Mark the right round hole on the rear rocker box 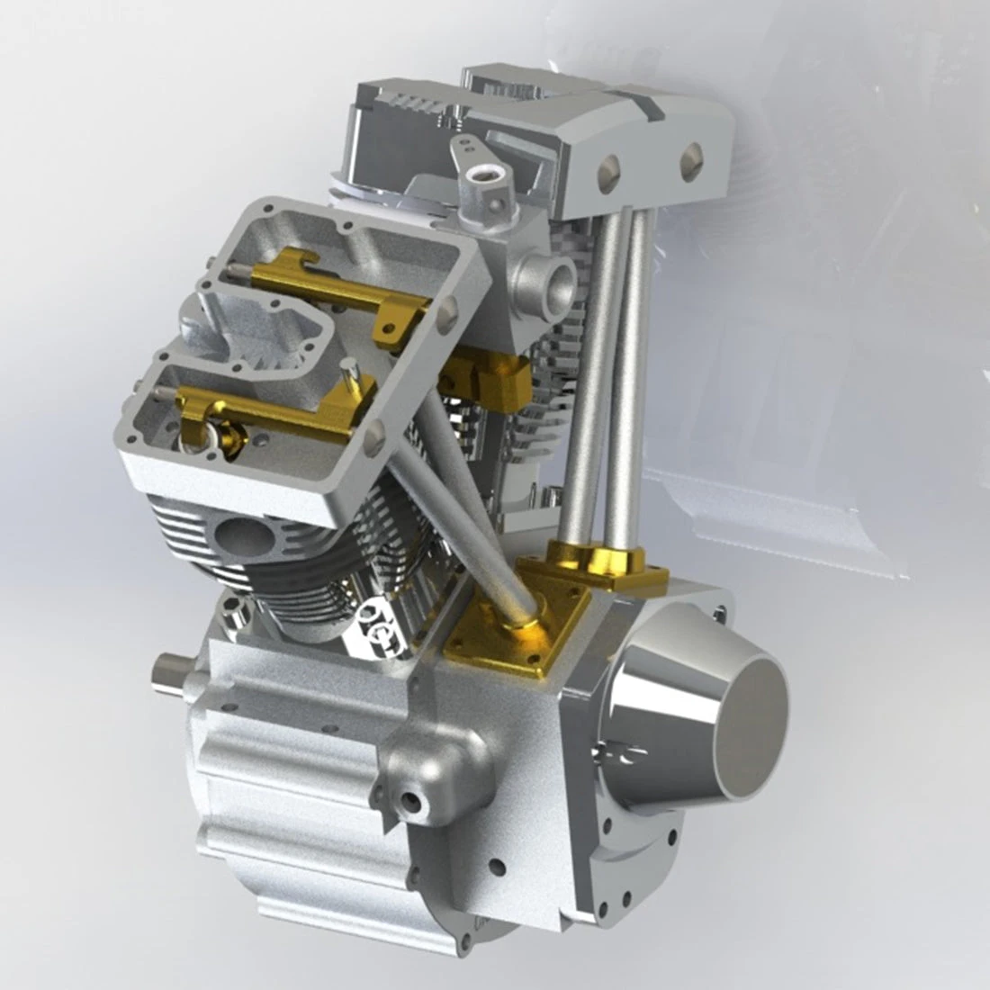pos(692,162)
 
